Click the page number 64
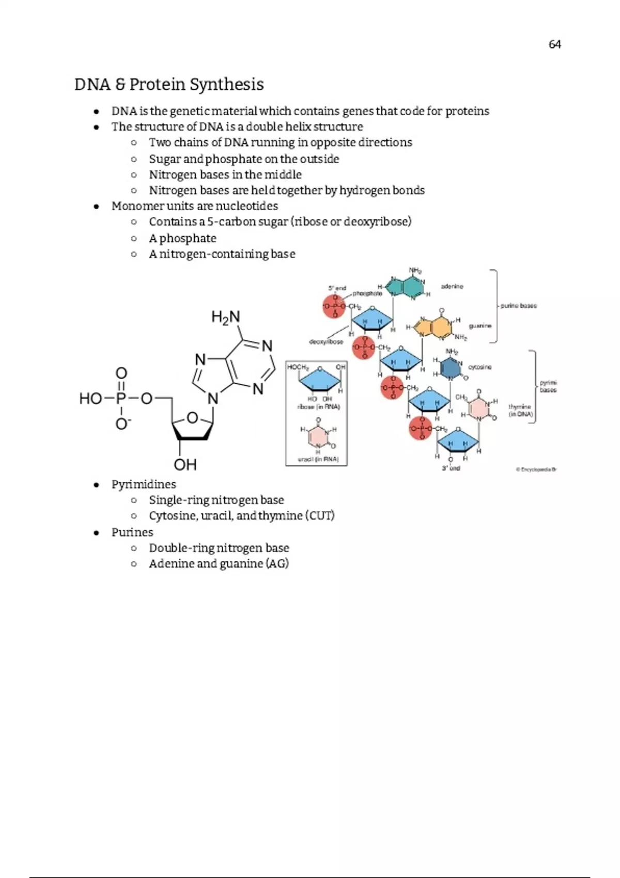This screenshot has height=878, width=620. (554, 44)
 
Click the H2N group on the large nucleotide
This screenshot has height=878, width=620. (226, 317)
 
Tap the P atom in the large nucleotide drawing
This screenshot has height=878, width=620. (121, 398)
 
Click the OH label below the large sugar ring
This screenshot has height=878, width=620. (185, 465)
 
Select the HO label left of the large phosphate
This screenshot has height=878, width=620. (91, 398)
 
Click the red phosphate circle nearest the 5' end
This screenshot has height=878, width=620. (334, 306)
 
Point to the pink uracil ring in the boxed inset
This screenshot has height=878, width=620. (318, 437)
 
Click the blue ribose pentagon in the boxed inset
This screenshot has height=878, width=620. (320, 381)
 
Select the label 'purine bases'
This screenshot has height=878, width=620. (518, 306)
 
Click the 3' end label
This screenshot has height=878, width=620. (451, 468)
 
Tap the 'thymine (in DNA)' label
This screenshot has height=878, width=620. (520, 411)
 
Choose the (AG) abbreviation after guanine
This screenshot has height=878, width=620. (277, 563)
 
